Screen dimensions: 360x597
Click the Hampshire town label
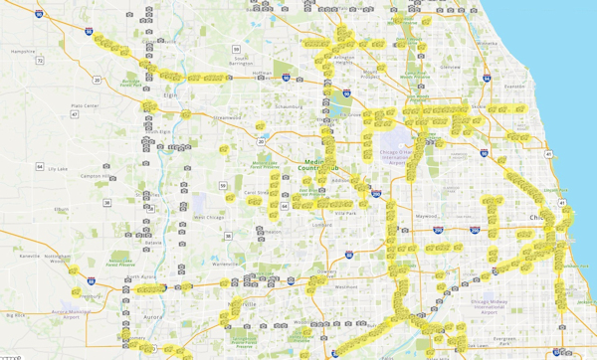[x=21, y=51]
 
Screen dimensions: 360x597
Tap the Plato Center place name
[x=85, y=105]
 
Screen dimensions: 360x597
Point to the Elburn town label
[x=62, y=210]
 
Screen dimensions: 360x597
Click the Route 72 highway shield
[x=40, y=61]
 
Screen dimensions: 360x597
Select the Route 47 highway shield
[x=75, y=115]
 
